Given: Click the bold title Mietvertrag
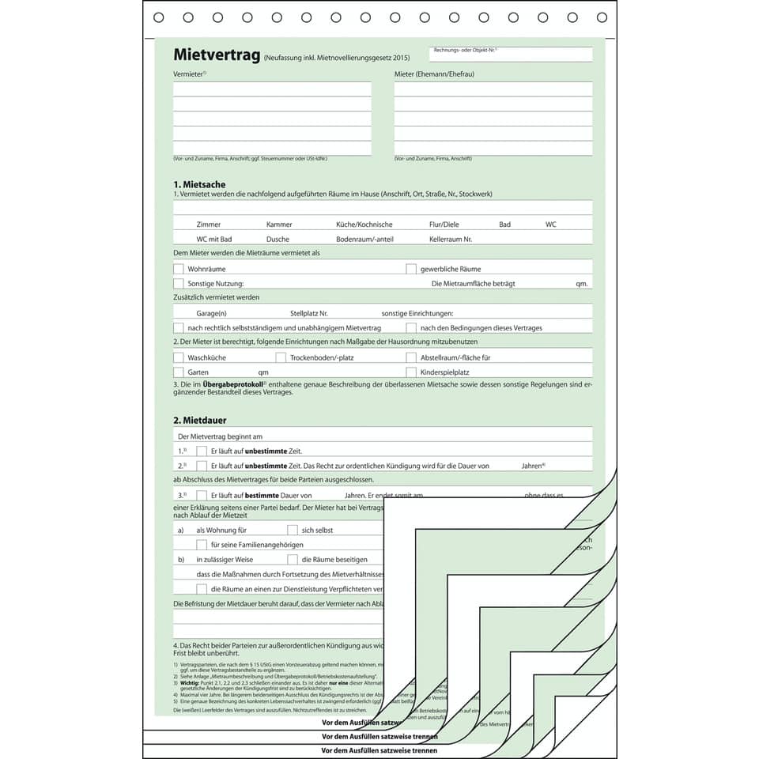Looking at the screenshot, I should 217,56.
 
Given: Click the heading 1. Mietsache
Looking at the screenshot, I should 199,184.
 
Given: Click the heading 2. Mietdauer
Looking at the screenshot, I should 200,420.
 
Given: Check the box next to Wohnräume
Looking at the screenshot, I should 179,269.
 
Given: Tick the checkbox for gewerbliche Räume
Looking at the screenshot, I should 411,269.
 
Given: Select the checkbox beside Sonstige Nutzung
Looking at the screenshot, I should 179,283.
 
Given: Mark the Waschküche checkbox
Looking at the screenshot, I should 179,357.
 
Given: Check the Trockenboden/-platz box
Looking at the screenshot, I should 281,357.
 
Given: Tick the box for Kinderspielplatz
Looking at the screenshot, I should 411,372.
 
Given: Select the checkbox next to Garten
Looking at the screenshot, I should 179,372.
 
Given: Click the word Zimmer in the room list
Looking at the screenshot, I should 209,225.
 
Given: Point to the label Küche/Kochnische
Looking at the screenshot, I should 364,225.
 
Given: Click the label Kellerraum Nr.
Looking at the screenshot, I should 451,239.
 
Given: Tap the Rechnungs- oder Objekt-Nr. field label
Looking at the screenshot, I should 465,50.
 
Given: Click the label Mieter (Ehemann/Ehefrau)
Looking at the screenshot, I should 434,74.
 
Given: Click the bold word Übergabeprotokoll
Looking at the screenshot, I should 233,384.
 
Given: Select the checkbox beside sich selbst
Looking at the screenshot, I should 293,530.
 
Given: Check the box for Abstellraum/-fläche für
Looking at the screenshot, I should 411,357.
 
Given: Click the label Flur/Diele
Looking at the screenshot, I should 444,225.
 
